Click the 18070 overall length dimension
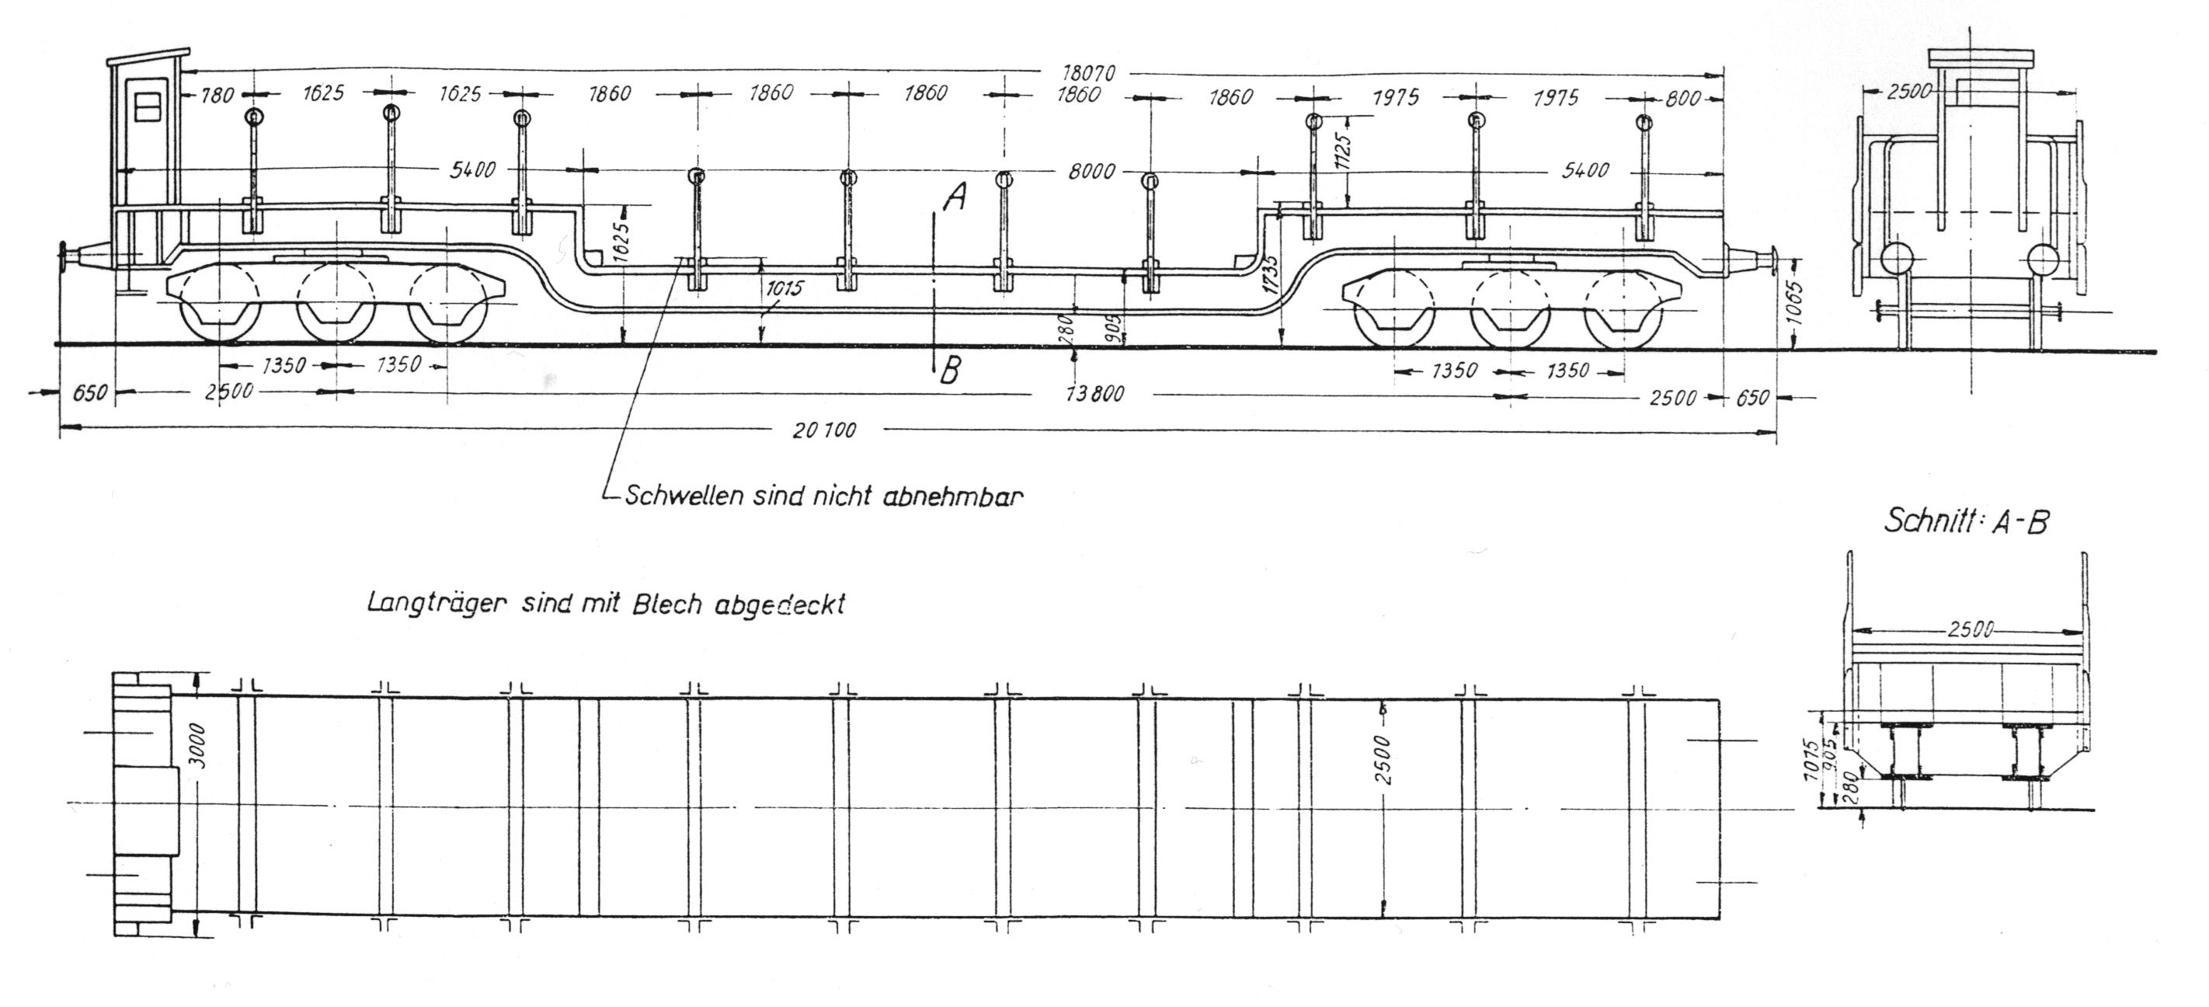pos(1088,74)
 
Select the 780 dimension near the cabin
pos(217,94)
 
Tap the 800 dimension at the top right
pos(1682,98)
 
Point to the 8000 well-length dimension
pos(1091,171)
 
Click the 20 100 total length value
pos(823,430)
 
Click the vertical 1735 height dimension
pos(1271,274)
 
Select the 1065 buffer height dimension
pos(1799,303)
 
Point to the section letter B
pos(949,371)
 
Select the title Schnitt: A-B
pos(1965,521)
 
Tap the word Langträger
pos(438,603)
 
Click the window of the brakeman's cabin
pos(148,106)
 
